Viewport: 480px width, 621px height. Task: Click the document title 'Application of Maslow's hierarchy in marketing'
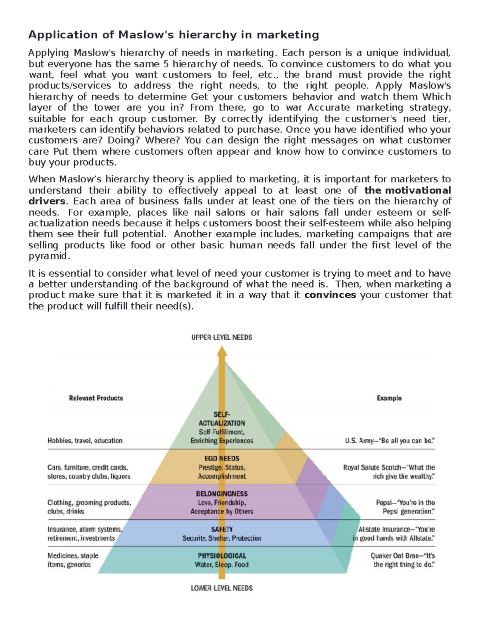point(173,35)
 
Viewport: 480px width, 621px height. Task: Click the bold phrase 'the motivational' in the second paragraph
point(408,190)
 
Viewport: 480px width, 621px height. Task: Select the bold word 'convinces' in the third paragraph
point(330,295)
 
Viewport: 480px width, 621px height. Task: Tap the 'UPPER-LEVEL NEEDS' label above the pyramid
point(222,337)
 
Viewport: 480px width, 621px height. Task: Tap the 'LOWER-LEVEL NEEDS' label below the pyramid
point(222,588)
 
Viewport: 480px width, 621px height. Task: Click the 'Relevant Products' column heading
point(96,398)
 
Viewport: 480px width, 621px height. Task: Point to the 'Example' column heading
point(389,398)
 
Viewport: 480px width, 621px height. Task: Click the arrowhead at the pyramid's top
point(222,351)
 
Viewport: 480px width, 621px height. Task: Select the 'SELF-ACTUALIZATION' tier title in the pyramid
point(222,419)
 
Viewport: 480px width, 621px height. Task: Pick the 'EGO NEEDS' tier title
point(222,458)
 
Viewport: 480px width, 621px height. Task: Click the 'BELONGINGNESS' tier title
point(222,494)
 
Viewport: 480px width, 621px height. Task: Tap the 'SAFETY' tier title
point(222,529)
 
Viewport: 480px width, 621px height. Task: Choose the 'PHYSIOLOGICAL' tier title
point(222,556)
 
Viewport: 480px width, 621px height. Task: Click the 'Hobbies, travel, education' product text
point(85,441)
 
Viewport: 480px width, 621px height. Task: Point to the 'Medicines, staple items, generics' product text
point(73,560)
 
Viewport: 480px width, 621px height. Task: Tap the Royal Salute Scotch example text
point(389,472)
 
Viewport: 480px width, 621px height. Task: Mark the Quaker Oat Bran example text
point(402,560)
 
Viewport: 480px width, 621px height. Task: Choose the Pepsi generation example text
point(405,507)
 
